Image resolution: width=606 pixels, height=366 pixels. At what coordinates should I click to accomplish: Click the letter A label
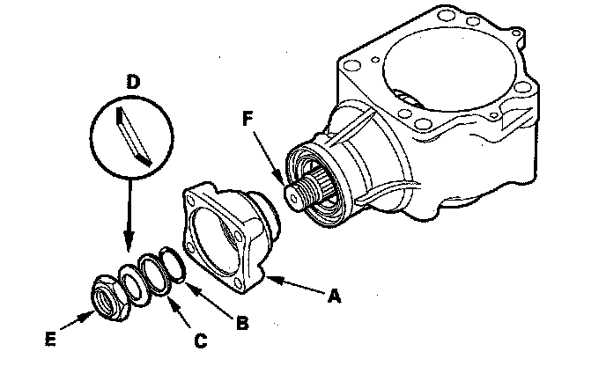point(334,297)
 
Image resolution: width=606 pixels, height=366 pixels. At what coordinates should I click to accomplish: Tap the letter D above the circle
point(133,82)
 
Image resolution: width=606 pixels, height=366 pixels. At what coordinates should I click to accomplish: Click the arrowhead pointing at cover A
point(270,280)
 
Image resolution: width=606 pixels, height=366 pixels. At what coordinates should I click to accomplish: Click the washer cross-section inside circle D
point(134,133)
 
